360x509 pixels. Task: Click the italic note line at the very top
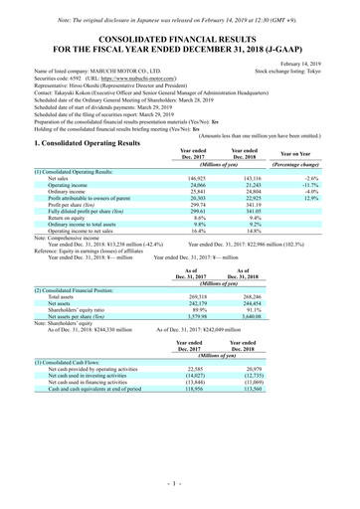180,8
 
